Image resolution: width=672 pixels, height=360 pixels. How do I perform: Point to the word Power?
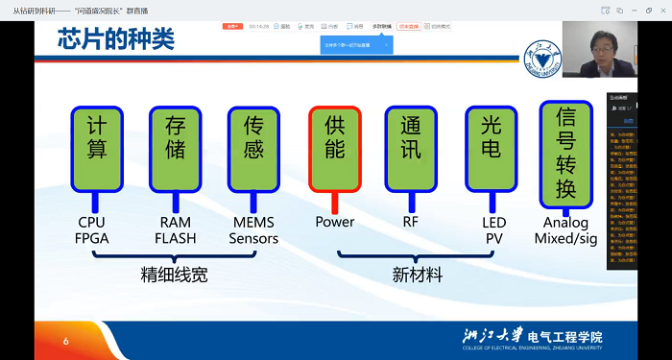point(334,222)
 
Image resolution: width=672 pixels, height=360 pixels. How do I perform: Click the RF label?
point(411,222)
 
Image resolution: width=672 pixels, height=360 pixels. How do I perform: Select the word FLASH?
point(176,238)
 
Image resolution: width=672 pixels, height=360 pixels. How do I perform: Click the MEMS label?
point(254,222)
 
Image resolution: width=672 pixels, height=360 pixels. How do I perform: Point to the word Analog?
point(571,222)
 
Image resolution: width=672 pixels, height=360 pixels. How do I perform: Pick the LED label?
point(492,222)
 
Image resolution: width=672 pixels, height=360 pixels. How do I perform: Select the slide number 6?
point(66,341)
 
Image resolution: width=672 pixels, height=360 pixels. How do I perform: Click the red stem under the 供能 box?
point(334,202)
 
